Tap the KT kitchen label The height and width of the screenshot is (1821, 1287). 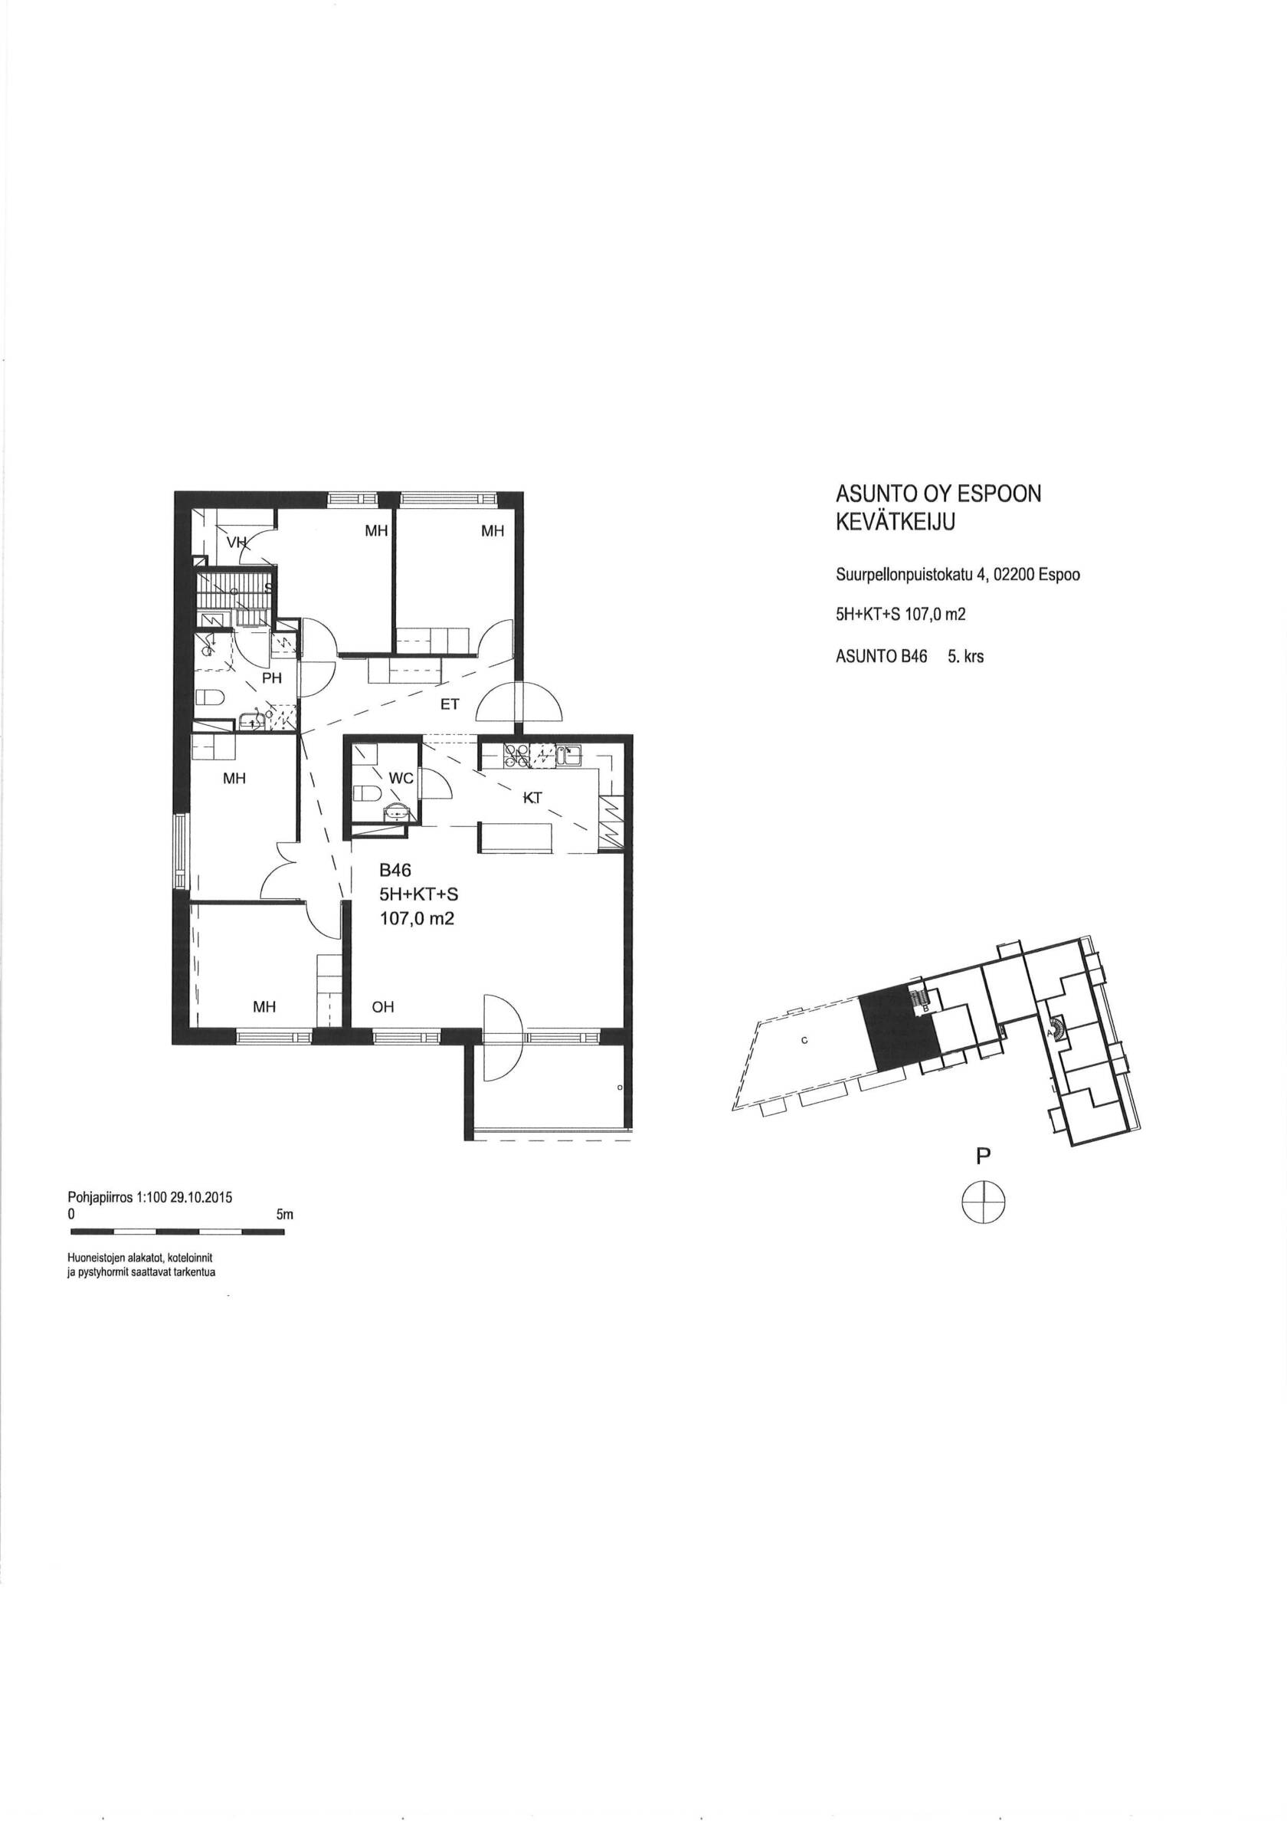tap(532, 799)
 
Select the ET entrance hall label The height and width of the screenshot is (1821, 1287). tap(450, 704)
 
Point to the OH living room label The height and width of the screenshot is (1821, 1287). tap(383, 1007)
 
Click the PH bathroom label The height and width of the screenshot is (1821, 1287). tap(272, 679)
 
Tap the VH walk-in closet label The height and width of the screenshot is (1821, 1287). tap(236, 543)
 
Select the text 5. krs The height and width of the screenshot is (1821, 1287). tap(965, 657)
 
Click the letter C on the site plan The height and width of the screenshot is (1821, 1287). tap(804, 1042)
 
